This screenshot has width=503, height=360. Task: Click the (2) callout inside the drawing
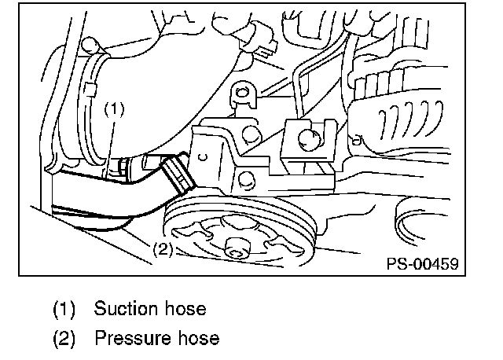pyautogui.click(x=160, y=251)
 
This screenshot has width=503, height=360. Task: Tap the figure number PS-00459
pyautogui.click(x=422, y=264)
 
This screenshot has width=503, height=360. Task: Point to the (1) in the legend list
pyautogui.click(x=64, y=309)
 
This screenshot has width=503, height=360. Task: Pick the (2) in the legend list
pyautogui.click(x=64, y=339)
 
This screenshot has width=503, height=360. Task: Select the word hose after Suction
pyautogui.click(x=186, y=308)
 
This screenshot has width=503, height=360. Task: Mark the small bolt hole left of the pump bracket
pyautogui.click(x=202, y=157)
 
